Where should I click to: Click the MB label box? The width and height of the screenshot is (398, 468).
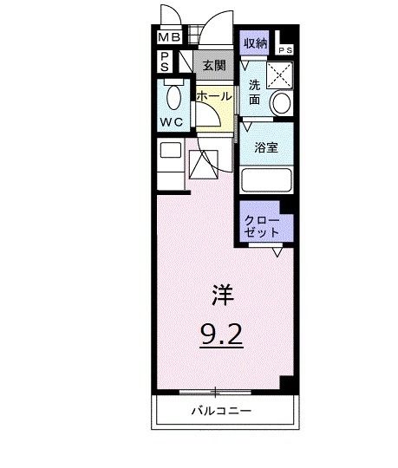[x=167, y=38]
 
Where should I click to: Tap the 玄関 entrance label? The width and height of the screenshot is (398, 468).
[x=213, y=64]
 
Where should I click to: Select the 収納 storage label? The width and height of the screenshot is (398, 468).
[x=254, y=42]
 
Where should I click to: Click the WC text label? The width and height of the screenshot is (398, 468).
[x=170, y=122]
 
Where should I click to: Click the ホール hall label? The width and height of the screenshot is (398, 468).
[x=213, y=97]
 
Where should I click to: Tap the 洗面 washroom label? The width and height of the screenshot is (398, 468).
[x=255, y=92]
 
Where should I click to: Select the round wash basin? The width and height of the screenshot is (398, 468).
[x=281, y=103]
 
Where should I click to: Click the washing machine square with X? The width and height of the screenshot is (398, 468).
[x=279, y=75]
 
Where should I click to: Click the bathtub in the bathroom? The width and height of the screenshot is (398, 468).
[x=265, y=181]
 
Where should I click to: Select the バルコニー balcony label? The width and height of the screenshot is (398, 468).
[x=222, y=410]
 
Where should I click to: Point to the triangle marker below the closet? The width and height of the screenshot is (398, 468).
[x=277, y=252]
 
